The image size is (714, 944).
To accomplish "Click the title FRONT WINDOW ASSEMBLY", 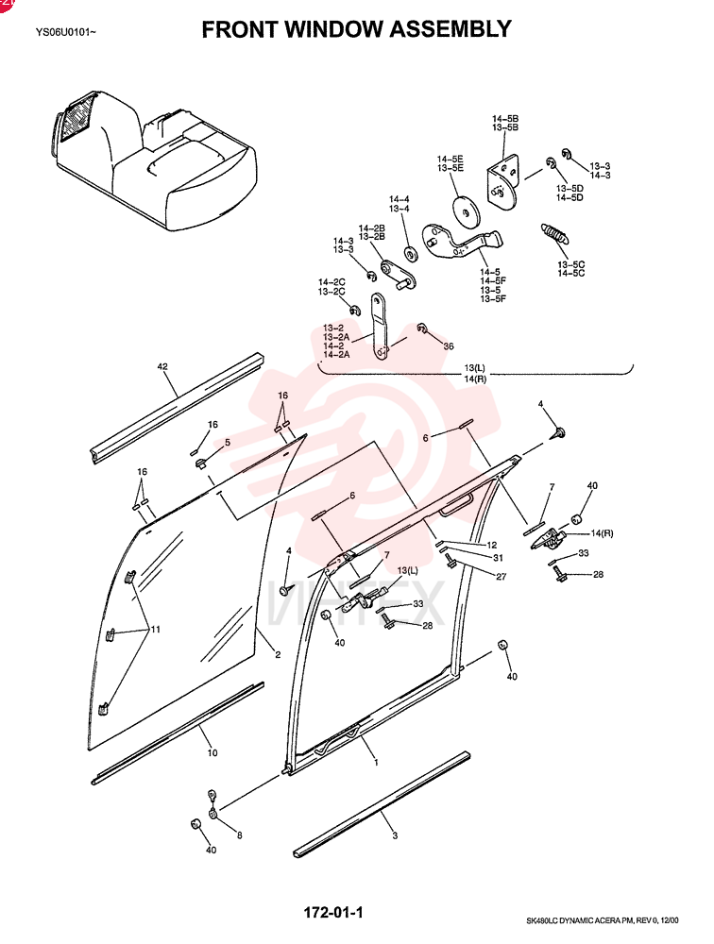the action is point(356,29).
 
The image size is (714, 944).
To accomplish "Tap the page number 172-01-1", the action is point(333,913).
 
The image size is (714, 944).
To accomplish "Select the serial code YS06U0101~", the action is point(65,32).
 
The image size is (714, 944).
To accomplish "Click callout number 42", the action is point(162,366).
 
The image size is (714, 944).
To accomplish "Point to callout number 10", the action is point(212,752).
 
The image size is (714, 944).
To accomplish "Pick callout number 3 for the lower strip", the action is point(395,835).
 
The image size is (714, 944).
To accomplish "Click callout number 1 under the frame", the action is point(377,762).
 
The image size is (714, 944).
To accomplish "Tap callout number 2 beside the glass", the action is point(278,654).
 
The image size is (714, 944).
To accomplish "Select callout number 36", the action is point(449,346).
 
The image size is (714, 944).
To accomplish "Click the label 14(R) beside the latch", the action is point(602,533).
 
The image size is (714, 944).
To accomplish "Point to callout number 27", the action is point(501,576).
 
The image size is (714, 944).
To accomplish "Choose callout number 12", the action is point(492,545).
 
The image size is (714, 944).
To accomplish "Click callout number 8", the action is point(239,835).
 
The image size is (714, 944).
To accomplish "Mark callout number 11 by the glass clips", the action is point(156,630).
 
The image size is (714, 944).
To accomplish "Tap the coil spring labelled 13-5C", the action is point(554,233).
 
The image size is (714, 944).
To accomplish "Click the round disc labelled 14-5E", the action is point(466,211).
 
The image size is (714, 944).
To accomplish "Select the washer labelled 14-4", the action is point(411,254).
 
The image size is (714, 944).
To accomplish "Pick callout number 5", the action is point(228,443).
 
